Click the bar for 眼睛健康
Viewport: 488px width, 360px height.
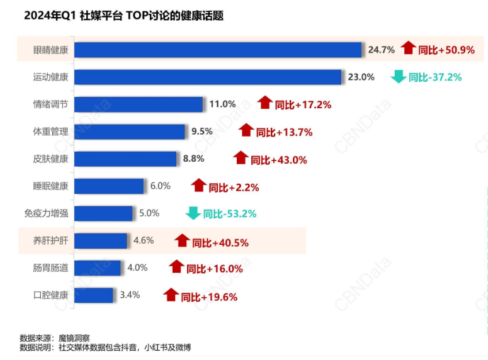point(218,50)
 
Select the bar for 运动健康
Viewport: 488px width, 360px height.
point(208,77)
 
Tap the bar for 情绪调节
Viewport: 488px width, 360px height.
point(139,104)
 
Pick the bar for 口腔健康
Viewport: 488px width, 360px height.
point(94,295)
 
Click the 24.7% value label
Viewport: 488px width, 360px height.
point(382,49)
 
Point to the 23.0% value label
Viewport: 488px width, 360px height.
point(361,77)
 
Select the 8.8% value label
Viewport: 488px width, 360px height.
point(193,159)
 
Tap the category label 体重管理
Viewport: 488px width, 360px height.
point(51,132)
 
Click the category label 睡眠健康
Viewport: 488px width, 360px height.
point(51,186)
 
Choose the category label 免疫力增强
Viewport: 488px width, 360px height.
point(47,213)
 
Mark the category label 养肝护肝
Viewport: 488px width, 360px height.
point(51,240)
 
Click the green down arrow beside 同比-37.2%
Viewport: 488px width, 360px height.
point(398,77)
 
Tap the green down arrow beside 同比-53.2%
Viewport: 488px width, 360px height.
point(193,213)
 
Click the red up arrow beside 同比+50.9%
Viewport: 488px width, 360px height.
point(409,48)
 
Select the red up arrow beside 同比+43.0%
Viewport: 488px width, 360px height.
point(241,158)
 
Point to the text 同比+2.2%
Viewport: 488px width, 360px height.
point(234,187)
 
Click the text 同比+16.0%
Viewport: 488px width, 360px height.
point(215,269)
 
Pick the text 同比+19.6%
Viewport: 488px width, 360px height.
point(209,296)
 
